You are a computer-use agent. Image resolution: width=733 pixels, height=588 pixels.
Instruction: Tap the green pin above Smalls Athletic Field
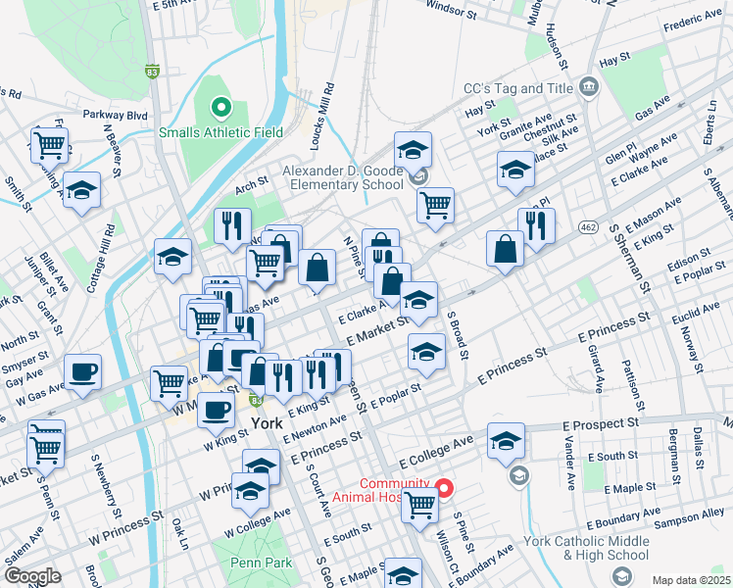click(x=220, y=108)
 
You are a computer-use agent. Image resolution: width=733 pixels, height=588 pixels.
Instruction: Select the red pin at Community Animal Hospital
click(x=443, y=487)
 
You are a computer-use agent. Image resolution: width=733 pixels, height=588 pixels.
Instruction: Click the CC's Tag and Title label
click(x=516, y=88)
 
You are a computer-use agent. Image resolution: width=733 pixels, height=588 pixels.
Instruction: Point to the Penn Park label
click(x=258, y=563)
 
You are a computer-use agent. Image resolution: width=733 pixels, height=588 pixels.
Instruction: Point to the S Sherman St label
click(x=628, y=258)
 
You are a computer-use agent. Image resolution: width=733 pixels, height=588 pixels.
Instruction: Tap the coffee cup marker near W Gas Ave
click(x=83, y=372)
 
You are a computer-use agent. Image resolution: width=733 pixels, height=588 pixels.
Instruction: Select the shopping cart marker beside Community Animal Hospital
click(x=420, y=505)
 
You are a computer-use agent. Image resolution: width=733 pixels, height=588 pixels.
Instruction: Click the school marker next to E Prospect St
click(x=506, y=441)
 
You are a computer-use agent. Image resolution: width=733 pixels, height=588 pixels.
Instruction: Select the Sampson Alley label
click(x=689, y=514)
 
